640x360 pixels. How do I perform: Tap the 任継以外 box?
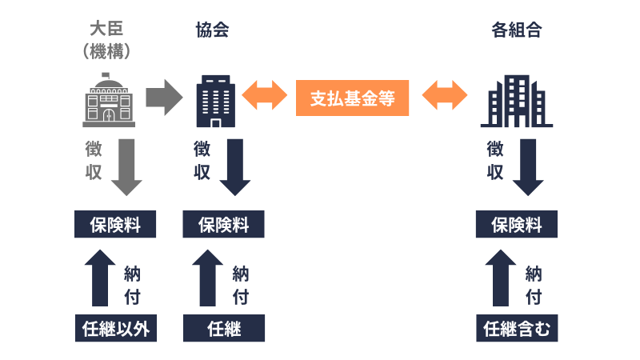point(115,328)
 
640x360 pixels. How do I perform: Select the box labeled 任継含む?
point(517,328)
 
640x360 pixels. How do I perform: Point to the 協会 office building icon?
point(214,102)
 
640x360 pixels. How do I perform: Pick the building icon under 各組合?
point(516,102)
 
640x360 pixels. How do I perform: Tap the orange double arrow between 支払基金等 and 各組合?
point(446,98)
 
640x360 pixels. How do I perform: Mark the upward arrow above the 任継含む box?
point(501,277)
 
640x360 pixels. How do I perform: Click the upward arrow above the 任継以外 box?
point(99,277)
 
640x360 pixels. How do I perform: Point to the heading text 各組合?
point(516,30)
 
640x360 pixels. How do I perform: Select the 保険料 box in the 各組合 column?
point(517,225)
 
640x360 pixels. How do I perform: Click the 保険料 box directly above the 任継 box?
point(224,225)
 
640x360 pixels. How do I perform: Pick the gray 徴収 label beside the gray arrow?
point(94,160)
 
